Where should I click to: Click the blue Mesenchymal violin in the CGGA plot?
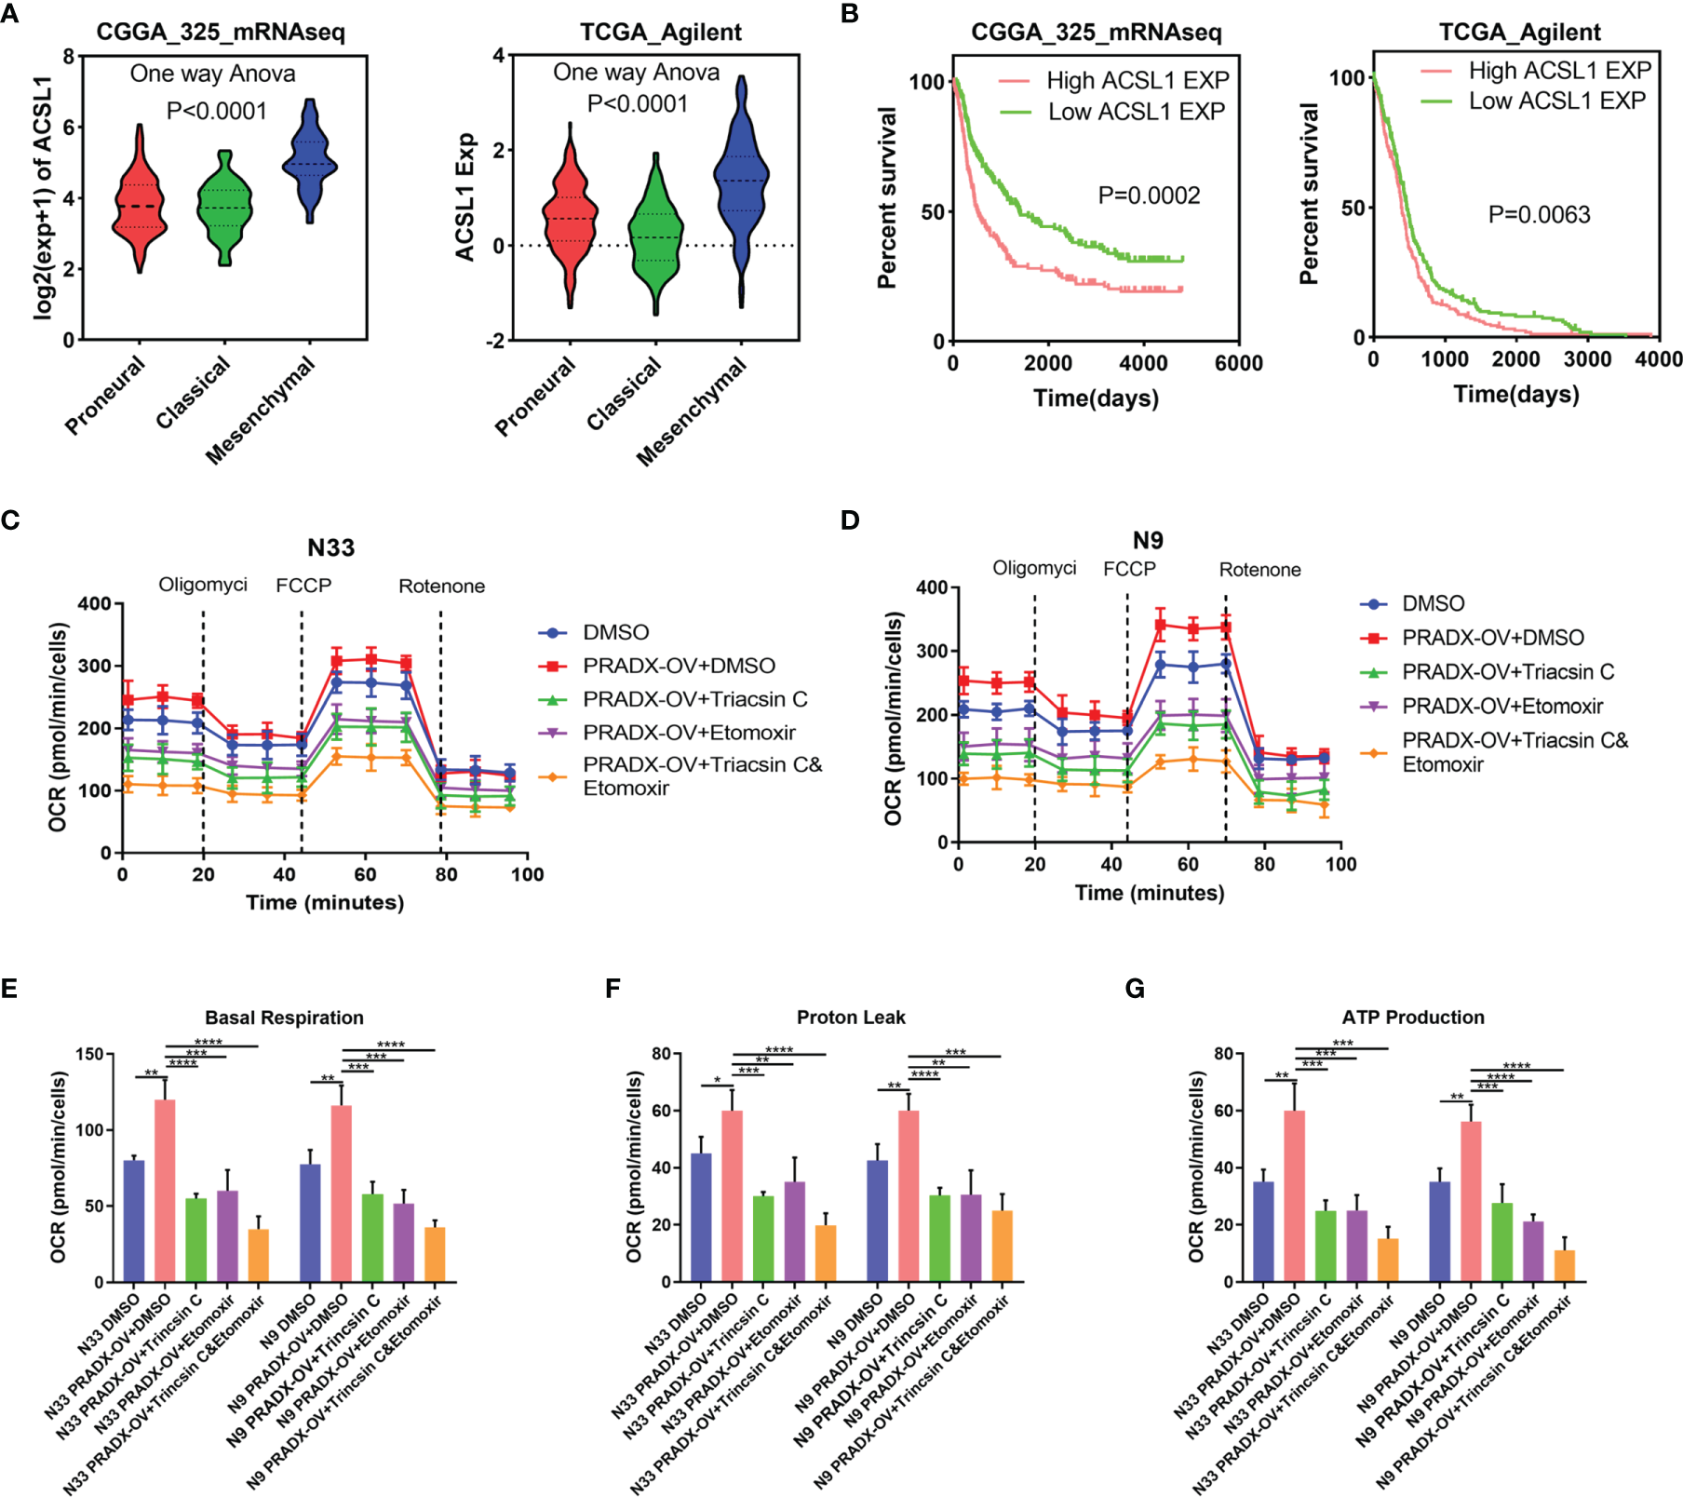(x=310, y=163)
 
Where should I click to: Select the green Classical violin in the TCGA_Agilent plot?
(x=656, y=237)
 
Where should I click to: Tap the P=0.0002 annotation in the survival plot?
(x=1149, y=196)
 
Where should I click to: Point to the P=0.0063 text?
(x=1539, y=215)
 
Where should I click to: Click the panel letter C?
(x=10, y=519)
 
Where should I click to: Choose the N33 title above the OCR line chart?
(x=330, y=547)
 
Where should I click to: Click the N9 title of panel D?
(x=1148, y=540)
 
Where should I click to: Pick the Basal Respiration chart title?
(x=284, y=1018)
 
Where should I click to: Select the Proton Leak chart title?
(x=851, y=1018)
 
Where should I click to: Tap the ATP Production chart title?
(x=1413, y=1018)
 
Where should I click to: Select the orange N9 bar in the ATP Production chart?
(x=1565, y=1265)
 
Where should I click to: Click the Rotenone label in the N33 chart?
(x=441, y=587)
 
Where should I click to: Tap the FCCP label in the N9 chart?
(x=1129, y=569)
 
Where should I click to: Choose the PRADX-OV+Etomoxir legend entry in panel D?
(x=1501, y=707)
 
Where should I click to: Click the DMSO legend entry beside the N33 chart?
(x=615, y=633)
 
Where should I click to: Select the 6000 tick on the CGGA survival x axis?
(x=1238, y=364)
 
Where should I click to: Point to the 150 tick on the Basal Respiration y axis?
(x=90, y=1055)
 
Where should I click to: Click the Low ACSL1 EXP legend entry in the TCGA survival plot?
(x=1556, y=101)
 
